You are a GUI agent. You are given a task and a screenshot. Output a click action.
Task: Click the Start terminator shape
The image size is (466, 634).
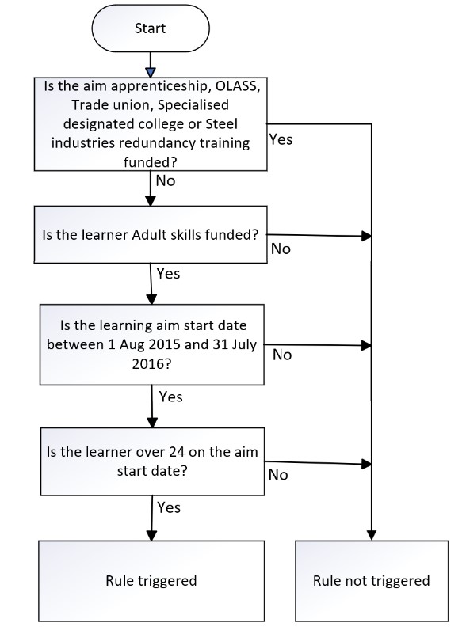pyautogui.click(x=151, y=28)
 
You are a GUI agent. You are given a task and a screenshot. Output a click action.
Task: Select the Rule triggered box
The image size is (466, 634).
pyautogui.click(x=151, y=581)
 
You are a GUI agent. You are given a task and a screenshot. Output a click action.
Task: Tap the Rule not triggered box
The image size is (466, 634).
pyautogui.click(x=372, y=581)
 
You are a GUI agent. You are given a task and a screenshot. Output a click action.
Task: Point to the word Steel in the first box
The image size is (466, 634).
pyautogui.click(x=221, y=123)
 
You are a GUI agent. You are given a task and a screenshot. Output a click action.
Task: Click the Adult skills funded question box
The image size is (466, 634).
pyautogui.click(x=151, y=234)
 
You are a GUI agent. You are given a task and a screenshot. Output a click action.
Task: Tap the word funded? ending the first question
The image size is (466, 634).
pyautogui.click(x=151, y=162)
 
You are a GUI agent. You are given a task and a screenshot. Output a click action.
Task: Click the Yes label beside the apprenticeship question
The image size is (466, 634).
pyautogui.click(x=281, y=139)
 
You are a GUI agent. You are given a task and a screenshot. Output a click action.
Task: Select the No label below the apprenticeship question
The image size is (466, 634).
pyautogui.click(x=165, y=180)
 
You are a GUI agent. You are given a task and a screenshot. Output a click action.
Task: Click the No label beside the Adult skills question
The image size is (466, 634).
pyautogui.click(x=281, y=249)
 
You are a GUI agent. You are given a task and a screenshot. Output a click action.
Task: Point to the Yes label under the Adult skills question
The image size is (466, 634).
pyautogui.click(x=168, y=273)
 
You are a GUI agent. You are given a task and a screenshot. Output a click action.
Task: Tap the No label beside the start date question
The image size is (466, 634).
pyautogui.click(x=282, y=355)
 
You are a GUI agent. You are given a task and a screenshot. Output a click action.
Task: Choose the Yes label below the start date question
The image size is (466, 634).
pyautogui.click(x=170, y=397)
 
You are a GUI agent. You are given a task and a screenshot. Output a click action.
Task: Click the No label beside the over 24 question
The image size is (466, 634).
pyautogui.click(x=278, y=474)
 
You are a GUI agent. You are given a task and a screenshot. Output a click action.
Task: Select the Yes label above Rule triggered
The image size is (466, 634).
pyautogui.click(x=169, y=507)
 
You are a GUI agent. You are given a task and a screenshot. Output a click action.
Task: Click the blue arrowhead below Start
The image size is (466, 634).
pyautogui.click(x=151, y=73)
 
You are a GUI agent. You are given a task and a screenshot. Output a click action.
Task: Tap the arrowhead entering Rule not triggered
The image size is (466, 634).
pyautogui.click(x=371, y=535)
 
